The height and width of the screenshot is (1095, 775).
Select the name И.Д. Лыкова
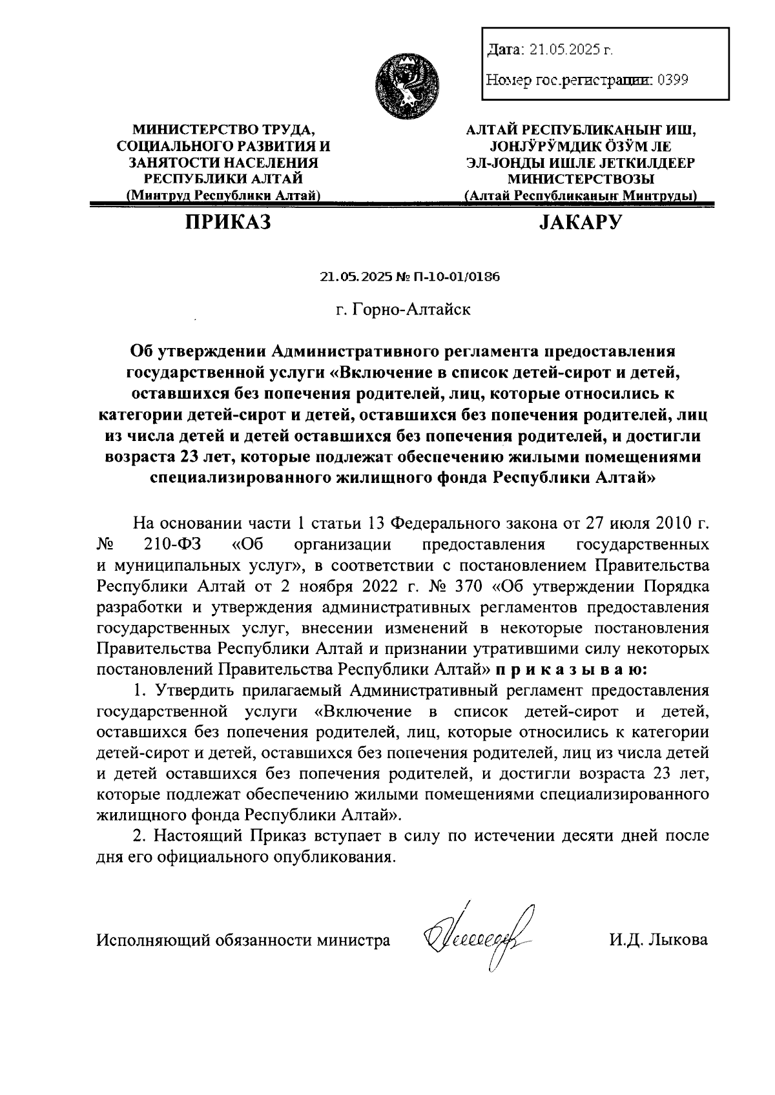657,939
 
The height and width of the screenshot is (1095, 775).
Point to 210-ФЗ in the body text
173,544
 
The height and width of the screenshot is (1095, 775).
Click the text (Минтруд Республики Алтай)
224,195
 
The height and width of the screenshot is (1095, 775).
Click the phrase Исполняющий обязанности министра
243,939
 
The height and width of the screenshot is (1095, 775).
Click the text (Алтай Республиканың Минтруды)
580,195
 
